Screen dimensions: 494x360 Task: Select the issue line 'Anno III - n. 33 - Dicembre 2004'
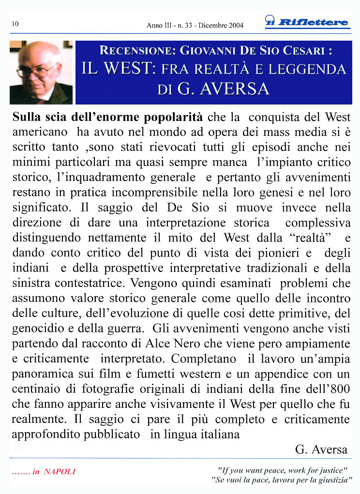point(195,25)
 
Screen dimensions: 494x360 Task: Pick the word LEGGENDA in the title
point(307,69)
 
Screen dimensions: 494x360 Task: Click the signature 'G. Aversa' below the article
point(321,449)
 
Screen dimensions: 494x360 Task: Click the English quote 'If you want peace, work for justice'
point(283,469)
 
